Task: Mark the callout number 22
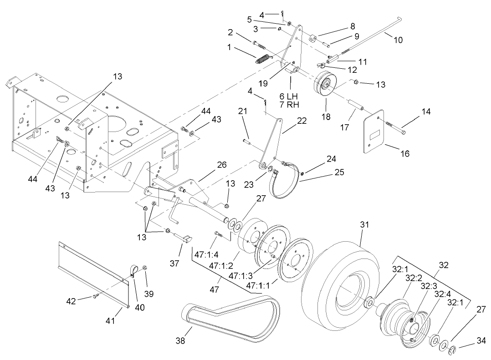[289, 121]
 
